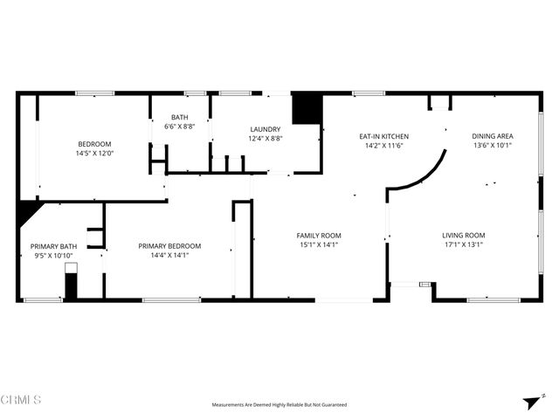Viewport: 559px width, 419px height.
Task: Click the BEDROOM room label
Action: (x=95, y=144)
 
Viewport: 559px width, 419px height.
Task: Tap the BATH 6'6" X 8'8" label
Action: (x=180, y=117)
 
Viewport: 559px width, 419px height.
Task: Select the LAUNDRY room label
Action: (x=265, y=129)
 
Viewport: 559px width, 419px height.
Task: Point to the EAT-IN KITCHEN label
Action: (x=383, y=136)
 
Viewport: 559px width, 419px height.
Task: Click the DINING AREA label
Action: (x=492, y=136)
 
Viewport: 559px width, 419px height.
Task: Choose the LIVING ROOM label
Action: (x=462, y=236)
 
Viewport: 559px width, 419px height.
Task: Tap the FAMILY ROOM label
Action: (x=318, y=236)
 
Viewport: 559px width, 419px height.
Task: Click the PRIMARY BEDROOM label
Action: (x=169, y=246)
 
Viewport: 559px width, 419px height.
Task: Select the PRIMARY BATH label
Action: (x=53, y=247)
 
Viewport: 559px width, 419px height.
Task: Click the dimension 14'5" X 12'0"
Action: (x=95, y=154)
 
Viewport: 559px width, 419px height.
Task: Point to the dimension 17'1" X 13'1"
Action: (x=462, y=245)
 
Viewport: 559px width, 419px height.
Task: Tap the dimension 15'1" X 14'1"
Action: (x=318, y=245)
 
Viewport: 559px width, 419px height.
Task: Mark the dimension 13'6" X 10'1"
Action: (x=492, y=146)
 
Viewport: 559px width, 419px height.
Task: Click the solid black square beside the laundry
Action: (x=307, y=109)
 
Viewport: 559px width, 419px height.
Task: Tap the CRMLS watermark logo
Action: (x=21, y=400)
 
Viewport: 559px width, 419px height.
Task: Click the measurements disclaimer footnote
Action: (x=279, y=405)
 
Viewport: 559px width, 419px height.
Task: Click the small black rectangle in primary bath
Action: (x=71, y=286)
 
